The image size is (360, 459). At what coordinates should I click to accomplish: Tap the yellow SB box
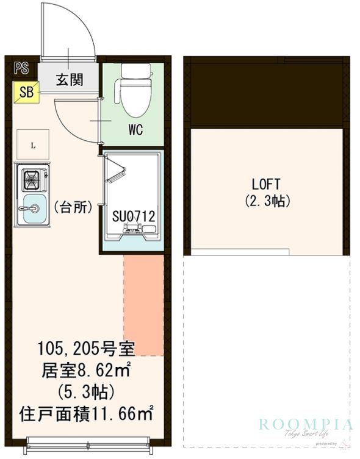26,92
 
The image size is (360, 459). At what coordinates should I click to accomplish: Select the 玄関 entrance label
70,80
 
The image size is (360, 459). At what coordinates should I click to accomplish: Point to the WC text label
135,130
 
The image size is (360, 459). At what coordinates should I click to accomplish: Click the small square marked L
33,146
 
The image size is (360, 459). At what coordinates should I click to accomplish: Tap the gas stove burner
31,180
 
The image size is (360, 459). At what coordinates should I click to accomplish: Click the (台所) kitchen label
73,207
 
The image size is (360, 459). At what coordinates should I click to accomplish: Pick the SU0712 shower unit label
133,215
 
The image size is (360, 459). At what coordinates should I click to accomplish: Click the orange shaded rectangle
144,305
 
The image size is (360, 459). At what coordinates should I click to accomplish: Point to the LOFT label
266,183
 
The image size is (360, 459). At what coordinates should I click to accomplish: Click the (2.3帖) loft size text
267,201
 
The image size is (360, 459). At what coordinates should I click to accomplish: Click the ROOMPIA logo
305,425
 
